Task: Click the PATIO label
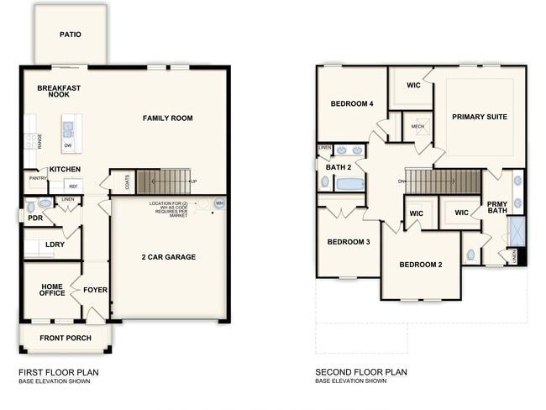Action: pos(70,35)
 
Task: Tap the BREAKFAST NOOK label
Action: pos(59,91)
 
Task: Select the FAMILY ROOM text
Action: pos(167,118)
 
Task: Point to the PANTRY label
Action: pos(38,178)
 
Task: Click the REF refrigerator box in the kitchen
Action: pos(73,186)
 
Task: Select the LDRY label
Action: pos(55,245)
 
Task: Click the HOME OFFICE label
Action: pos(52,290)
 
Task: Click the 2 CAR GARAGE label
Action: pos(168,256)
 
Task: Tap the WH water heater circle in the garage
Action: pos(219,202)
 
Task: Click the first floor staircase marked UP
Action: pos(165,181)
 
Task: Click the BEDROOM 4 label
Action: pos(351,104)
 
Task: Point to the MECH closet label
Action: pos(417,127)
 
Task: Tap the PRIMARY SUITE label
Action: pos(479,117)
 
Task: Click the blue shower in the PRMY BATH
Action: pos(517,231)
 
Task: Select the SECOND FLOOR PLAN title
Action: pos(360,371)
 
